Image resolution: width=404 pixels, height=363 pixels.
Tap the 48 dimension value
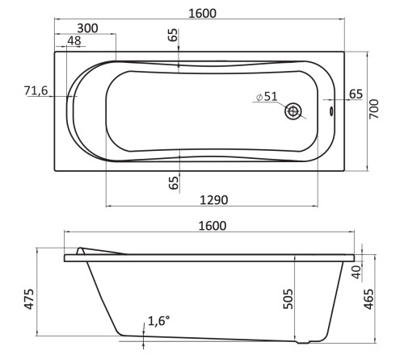pyautogui.click(x=74, y=41)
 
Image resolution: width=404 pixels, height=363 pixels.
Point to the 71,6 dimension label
pyautogui.click(x=36, y=90)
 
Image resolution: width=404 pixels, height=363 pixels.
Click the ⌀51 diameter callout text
pyautogui.click(x=266, y=97)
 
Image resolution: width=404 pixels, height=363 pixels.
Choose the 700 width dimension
pyautogui.click(x=374, y=111)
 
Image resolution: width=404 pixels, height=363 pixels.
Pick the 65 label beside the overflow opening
pyautogui.click(x=356, y=94)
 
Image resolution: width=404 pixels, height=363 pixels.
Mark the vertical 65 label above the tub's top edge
pyautogui.click(x=173, y=35)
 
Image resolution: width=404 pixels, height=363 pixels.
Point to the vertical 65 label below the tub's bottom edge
pyautogui.click(x=173, y=181)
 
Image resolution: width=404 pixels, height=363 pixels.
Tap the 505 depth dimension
pyautogui.click(x=288, y=298)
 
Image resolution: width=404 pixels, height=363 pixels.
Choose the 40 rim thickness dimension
pyautogui.click(x=356, y=269)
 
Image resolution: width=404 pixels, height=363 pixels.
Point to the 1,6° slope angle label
pyautogui.click(x=158, y=321)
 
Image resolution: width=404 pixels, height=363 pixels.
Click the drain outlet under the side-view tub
pyautogui.click(x=305, y=342)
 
